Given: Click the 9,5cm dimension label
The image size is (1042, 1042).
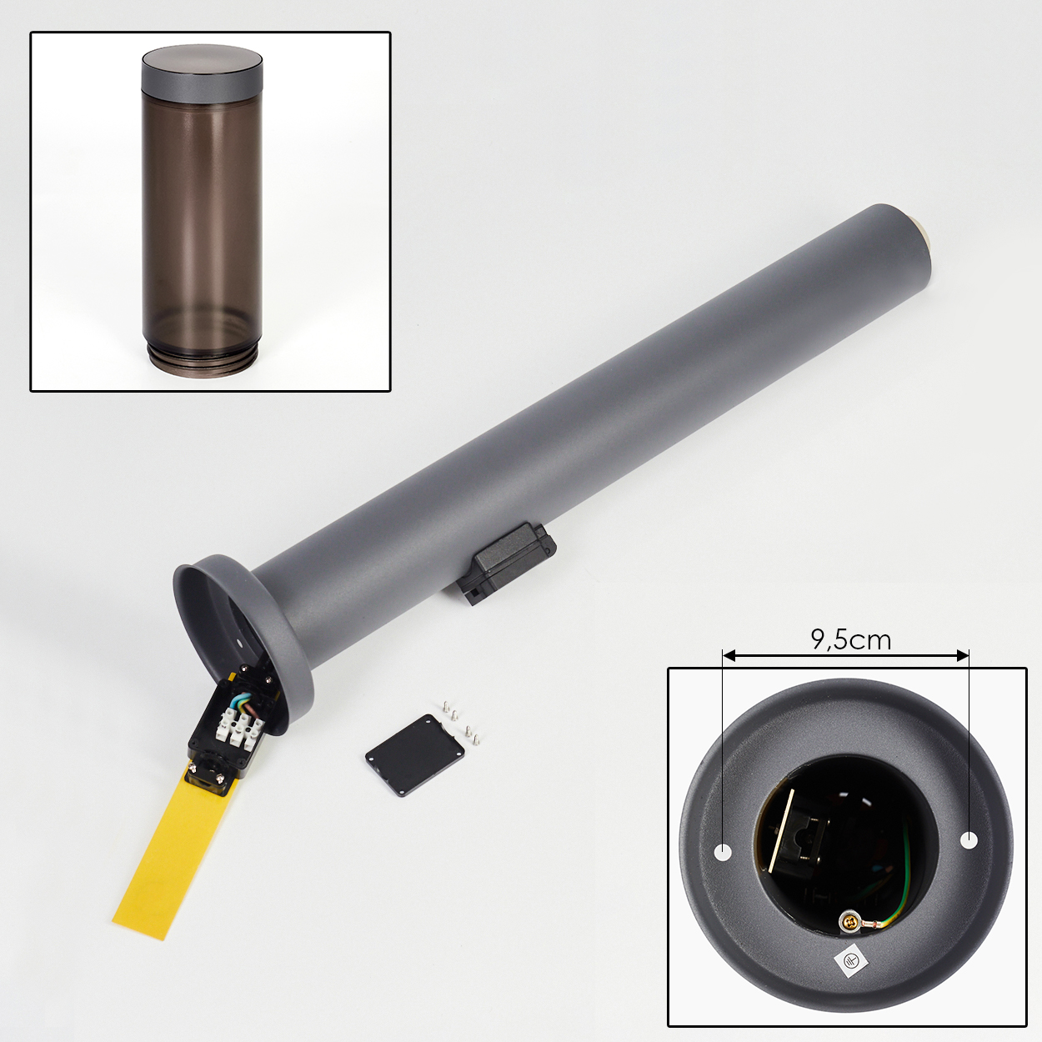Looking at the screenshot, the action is pyautogui.click(x=850, y=639).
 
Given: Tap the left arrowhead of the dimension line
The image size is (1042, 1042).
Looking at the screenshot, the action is pyautogui.click(x=729, y=656).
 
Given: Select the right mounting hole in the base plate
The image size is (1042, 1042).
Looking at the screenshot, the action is pyautogui.click(x=969, y=839).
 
